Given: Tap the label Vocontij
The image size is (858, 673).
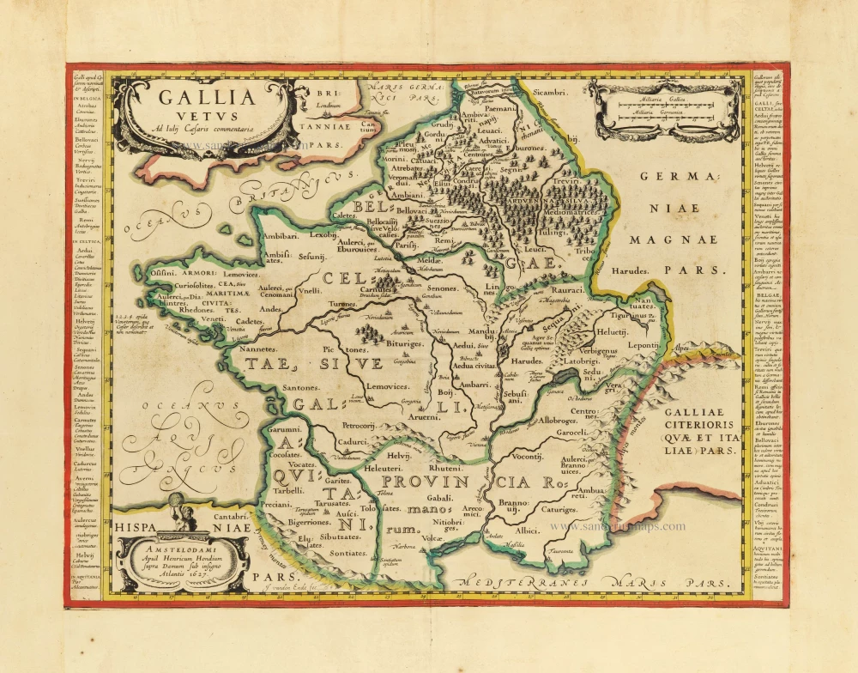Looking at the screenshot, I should (x=529, y=458).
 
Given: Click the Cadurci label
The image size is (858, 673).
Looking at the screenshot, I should (x=353, y=440).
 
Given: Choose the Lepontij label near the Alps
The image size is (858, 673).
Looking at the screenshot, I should (x=672, y=343).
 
